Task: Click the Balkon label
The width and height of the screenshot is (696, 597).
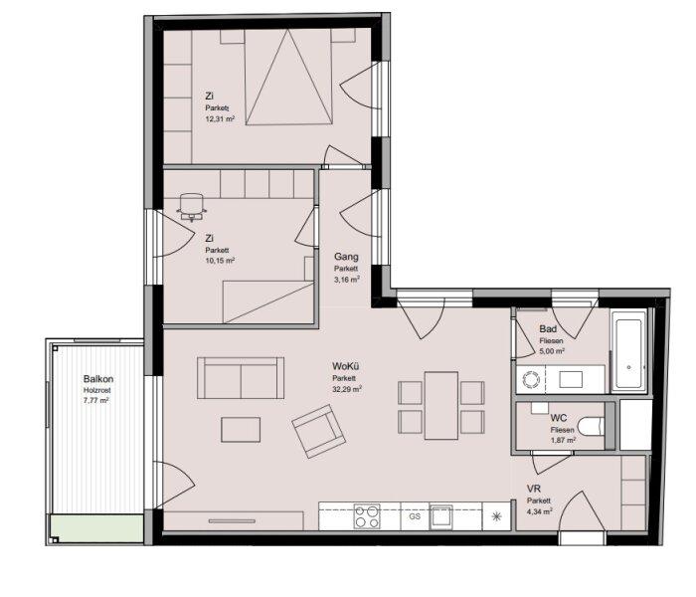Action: coord(98,379)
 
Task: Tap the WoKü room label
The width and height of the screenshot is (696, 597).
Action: coord(345,366)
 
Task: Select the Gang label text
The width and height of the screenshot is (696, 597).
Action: coord(346,257)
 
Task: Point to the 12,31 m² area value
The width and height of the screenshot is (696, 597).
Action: coord(220,118)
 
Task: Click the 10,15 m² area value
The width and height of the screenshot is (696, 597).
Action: coord(220,261)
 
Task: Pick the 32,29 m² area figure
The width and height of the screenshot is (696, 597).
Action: coord(347,389)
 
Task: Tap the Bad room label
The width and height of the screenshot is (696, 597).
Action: coord(548,329)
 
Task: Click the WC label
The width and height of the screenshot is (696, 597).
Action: coord(559,418)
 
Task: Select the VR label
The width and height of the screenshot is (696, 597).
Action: coord(534,489)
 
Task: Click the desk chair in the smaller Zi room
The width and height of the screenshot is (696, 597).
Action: coord(192,207)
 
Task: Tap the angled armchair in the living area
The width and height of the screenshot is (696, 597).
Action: coord(319,431)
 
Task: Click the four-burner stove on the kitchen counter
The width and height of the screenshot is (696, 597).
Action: coord(367,516)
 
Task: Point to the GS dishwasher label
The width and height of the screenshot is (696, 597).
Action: coord(415,516)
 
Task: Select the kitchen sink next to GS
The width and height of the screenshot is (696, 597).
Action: coord(440,517)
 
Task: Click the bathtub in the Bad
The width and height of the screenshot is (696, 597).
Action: coord(628,351)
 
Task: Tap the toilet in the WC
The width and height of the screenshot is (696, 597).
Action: coord(593,426)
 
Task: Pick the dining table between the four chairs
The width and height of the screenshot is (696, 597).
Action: coord(441,406)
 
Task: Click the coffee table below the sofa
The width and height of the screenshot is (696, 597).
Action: coord(241,430)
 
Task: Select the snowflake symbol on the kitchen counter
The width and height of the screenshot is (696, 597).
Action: coord(497,516)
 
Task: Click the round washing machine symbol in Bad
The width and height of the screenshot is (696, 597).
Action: coord(531,379)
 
